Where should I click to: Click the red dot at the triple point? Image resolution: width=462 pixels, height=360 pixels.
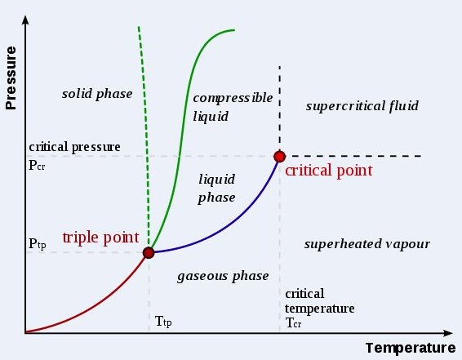[x=149, y=253]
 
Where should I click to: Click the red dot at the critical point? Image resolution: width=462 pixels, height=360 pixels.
[x=280, y=157]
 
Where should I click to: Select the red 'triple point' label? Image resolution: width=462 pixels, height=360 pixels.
[x=100, y=238]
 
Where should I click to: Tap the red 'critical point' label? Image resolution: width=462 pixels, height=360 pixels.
[x=329, y=171]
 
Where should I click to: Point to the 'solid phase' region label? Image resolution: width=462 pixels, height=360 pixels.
[x=97, y=94]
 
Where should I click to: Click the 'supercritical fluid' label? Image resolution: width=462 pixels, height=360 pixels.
[x=362, y=106]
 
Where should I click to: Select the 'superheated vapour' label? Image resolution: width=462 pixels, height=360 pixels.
[x=366, y=244]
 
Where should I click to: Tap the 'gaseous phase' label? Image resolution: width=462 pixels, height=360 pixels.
[x=223, y=277]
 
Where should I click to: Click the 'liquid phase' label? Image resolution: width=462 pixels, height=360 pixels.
[x=217, y=189]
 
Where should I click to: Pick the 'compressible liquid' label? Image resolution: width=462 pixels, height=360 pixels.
[x=233, y=107]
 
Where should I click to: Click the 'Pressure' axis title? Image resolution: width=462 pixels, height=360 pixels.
[x=11, y=78]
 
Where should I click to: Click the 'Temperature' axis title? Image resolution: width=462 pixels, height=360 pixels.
[x=411, y=348]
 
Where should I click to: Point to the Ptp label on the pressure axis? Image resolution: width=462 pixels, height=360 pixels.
[x=37, y=244]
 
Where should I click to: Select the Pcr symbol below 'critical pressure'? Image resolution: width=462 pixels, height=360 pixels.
[x=37, y=165]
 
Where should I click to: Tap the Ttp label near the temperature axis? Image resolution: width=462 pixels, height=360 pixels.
[x=163, y=322]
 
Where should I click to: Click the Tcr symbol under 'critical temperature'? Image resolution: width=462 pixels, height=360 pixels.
[x=293, y=323]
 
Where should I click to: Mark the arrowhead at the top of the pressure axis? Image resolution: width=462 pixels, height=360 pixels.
[x=25, y=20]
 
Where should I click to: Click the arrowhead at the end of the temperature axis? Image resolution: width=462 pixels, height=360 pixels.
[x=447, y=333]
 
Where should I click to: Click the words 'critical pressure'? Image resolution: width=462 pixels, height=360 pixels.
[x=74, y=147]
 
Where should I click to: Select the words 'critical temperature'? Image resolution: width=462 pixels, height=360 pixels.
[x=320, y=301]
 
